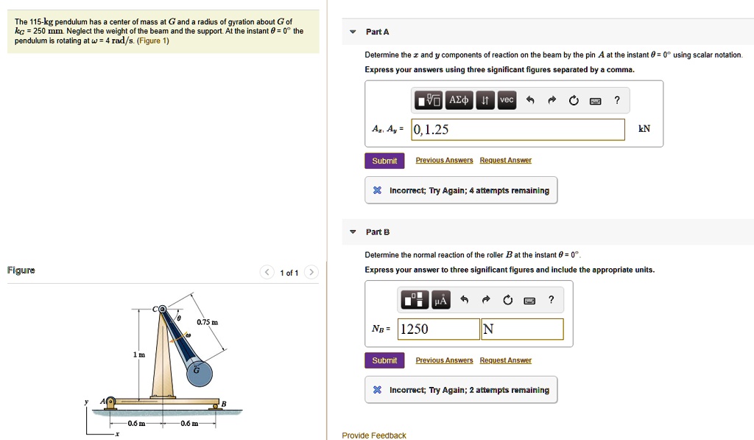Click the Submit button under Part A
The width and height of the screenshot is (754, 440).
pyautogui.click(x=384, y=161)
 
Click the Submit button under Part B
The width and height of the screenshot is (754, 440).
pyautogui.click(x=384, y=360)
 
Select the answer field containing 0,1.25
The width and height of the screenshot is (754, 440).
pyautogui.click(x=518, y=130)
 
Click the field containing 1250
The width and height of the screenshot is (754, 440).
pyautogui.click(x=438, y=329)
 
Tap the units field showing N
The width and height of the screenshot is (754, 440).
pyautogui.click(x=522, y=329)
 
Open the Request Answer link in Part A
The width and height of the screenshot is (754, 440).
pyautogui.click(x=505, y=161)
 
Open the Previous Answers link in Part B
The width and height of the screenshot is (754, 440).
pyautogui.click(x=444, y=360)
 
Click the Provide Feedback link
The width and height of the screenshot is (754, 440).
pyautogui.click(x=374, y=436)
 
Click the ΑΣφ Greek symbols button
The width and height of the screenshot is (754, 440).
pyautogui.click(x=459, y=100)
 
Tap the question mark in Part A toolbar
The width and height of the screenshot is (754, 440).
pyautogui.click(x=617, y=100)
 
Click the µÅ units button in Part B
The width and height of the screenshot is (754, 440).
pyautogui.click(x=440, y=300)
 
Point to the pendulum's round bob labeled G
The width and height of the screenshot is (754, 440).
pyautogui.click(x=197, y=371)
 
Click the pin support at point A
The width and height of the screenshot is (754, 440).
pyautogui.click(x=110, y=402)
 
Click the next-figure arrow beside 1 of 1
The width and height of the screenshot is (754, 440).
pyautogui.click(x=311, y=273)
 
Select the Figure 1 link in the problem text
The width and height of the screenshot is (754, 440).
pyautogui.click(x=153, y=41)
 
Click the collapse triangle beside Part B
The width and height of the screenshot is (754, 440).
pyautogui.click(x=353, y=232)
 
